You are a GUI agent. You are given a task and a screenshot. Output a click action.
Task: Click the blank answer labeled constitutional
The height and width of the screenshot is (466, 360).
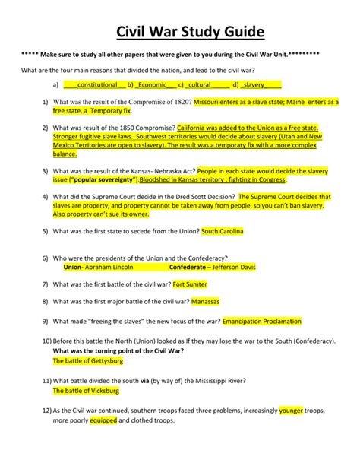point(96,85)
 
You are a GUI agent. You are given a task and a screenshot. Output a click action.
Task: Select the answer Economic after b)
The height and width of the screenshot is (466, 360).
point(152,85)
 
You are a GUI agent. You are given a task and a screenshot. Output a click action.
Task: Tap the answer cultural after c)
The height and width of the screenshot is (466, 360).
point(199,85)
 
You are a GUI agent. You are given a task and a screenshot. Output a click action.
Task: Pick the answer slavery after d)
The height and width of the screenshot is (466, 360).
point(263,85)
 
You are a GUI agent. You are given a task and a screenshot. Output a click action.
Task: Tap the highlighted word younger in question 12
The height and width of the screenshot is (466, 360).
point(291,411)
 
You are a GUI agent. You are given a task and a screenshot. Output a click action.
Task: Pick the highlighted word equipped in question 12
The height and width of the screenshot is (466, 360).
point(103,420)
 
